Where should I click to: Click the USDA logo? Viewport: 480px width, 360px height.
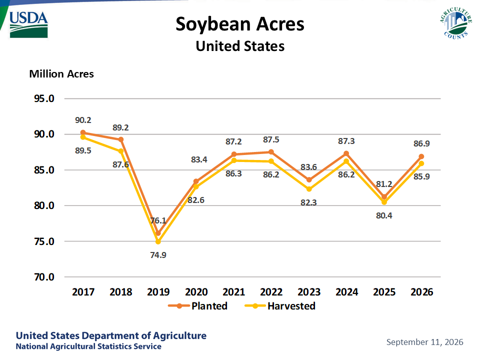point(28,25)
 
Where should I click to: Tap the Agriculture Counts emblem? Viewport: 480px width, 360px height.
point(456,23)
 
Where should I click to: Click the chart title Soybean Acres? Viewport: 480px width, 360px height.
point(240,24)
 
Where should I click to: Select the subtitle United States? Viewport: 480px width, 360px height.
point(240,46)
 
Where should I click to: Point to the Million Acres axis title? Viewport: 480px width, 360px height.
point(61,74)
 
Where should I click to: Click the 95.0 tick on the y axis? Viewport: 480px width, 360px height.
point(44,98)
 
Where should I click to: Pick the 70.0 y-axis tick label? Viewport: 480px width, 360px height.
point(44,277)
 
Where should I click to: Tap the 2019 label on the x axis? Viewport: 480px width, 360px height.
point(158,292)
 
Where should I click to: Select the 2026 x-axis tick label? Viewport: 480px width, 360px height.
point(422,292)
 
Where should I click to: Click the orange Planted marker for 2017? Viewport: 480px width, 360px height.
point(83,132)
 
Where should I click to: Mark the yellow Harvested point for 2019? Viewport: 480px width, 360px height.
point(158,242)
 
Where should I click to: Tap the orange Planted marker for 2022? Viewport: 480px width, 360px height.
point(271,152)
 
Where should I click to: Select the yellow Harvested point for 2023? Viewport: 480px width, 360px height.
point(309,189)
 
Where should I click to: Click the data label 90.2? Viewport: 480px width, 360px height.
point(83,120)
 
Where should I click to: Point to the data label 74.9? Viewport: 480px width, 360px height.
point(158,255)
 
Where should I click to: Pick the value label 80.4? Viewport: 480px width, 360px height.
point(384,215)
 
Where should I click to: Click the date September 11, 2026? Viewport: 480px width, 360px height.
point(425,342)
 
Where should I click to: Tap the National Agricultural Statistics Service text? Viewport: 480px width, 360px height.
point(88,346)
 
